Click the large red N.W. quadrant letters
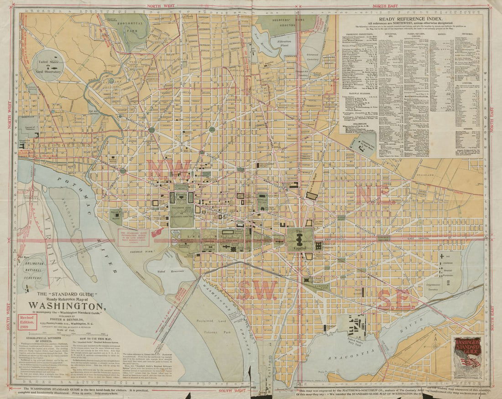(x=168, y=169)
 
